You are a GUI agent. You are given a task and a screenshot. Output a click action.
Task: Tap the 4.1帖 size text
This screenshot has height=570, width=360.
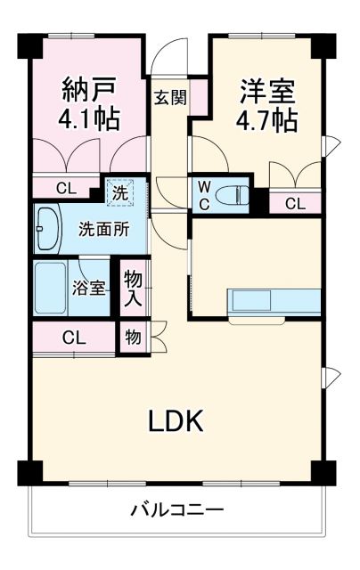click(x=90, y=119)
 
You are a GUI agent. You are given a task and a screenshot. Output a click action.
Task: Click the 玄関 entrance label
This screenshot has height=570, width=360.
click(x=169, y=97)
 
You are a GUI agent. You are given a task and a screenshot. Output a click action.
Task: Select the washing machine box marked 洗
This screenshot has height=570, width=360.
click(x=119, y=190)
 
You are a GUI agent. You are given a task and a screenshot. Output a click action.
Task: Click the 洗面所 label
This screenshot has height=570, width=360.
click(x=103, y=228)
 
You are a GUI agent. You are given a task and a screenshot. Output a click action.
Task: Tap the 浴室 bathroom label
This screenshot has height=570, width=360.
click(x=89, y=288)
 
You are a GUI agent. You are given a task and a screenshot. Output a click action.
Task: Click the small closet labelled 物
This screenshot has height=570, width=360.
click(x=133, y=338)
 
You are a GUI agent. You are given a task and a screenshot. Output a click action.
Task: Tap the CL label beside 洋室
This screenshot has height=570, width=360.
click(x=294, y=204)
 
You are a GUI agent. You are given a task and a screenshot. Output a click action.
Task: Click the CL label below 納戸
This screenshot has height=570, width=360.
click(x=66, y=188)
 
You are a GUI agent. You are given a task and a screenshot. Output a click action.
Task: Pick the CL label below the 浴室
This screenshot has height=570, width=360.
click(x=75, y=338)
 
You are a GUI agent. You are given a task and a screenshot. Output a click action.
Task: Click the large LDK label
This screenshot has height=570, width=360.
click(x=176, y=420)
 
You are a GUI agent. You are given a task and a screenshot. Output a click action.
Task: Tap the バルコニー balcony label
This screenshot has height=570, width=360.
click(x=177, y=511)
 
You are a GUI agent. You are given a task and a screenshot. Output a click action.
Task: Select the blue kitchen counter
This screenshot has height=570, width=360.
click(x=274, y=301)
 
